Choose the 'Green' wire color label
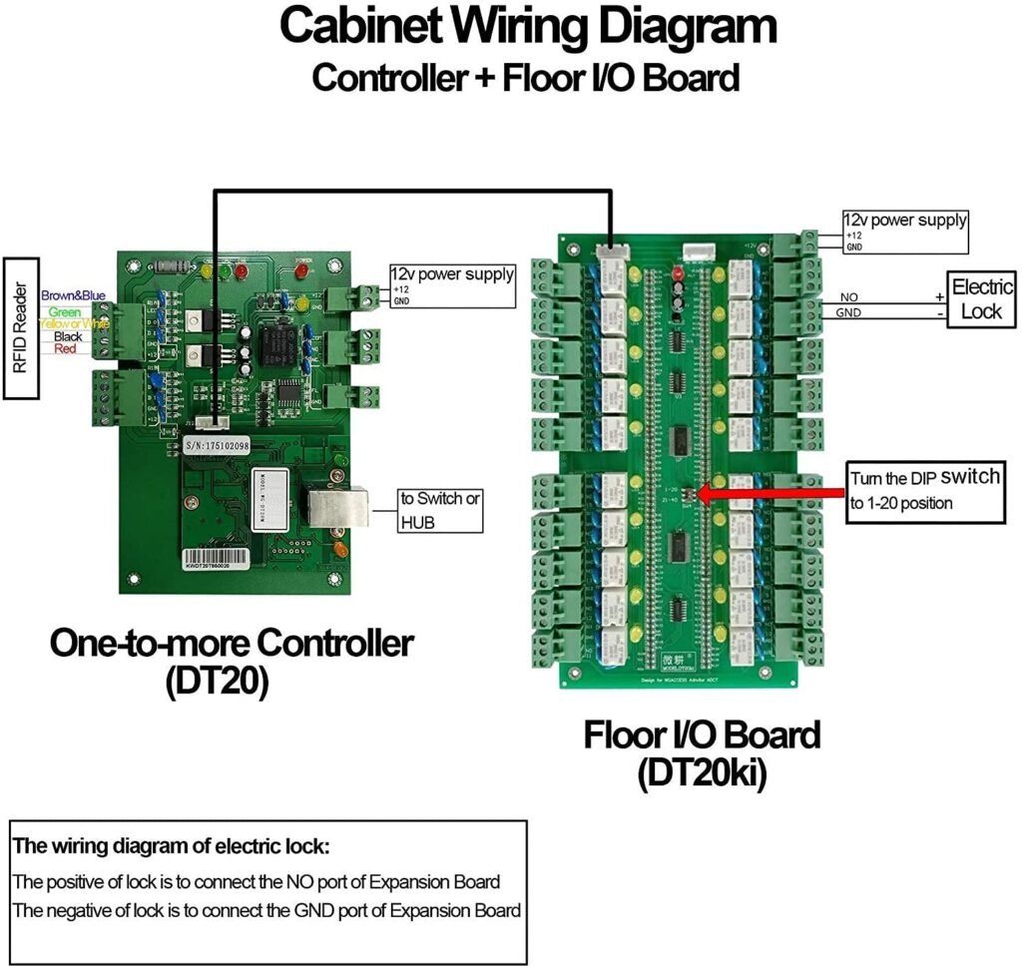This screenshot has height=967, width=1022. click(x=64, y=312)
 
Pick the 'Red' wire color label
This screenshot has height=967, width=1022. click(x=64, y=348)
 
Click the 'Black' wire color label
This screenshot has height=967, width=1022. click(x=68, y=337)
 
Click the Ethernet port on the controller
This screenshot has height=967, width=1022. click(x=335, y=509)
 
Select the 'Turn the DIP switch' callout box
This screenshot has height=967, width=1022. click(x=923, y=490)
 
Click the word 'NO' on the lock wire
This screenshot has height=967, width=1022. click(x=849, y=297)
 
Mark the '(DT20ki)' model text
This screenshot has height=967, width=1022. click(x=702, y=774)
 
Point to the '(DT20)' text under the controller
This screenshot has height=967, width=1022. click(x=217, y=684)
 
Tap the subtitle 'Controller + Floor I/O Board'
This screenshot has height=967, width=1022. click(x=525, y=77)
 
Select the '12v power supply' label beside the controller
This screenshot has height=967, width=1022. click(x=452, y=273)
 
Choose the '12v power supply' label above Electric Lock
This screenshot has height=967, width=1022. click(x=905, y=220)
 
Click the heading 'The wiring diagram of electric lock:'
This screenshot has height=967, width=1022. click(x=170, y=847)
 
